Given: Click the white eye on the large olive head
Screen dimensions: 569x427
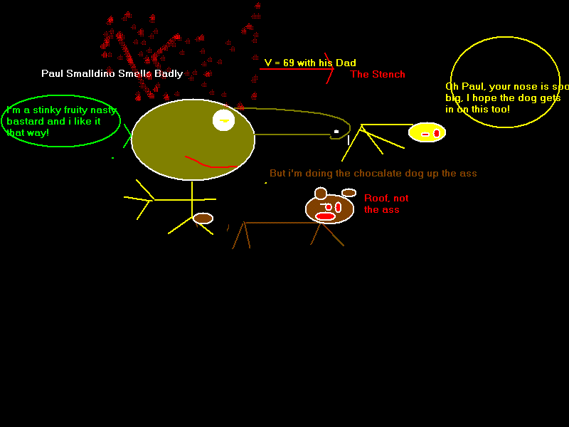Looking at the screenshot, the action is point(223,120).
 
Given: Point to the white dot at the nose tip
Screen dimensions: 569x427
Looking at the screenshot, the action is point(336,132).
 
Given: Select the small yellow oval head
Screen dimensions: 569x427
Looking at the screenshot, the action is point(427,132).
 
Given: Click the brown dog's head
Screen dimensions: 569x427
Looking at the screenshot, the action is point(329,209).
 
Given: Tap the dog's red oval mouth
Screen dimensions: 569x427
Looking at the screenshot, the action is point(325,217).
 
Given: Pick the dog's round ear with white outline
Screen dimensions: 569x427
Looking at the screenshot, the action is point(321,193).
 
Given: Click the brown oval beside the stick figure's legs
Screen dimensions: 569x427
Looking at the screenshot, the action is point(203,218).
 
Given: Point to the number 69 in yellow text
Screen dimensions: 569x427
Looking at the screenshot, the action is point(289,63).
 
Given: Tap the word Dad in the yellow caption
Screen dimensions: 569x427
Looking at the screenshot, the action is point(346,63).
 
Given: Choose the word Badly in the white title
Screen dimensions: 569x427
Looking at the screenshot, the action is point(169,74).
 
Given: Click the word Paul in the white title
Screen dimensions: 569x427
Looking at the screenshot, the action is point(52,73).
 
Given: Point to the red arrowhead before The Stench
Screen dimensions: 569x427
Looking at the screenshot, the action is point(329,68).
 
